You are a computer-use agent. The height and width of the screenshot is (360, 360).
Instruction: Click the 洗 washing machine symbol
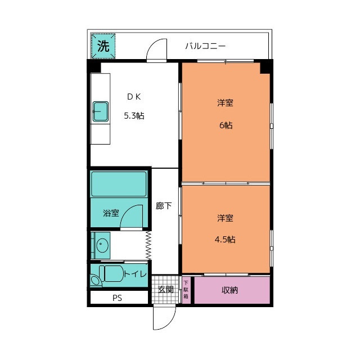(103, 46)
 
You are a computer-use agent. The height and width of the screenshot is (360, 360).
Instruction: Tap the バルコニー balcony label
(205, 46)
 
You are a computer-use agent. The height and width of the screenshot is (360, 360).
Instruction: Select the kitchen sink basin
(101, 111)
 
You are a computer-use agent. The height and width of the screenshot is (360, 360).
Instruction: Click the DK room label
(134, 97)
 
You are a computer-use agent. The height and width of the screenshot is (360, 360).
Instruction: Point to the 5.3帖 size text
(134, 115)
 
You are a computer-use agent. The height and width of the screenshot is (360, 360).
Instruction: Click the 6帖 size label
(226, 125)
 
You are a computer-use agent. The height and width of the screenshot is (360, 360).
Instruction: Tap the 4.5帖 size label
(225, 240)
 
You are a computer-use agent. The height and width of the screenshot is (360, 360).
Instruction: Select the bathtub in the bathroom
(119, 184)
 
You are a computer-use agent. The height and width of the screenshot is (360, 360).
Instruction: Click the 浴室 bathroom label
(111, 213)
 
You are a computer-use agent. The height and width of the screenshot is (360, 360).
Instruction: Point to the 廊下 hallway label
(164, 206)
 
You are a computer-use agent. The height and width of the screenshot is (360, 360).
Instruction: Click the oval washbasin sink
(102, 245)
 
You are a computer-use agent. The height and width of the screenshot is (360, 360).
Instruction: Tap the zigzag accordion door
(148, 245)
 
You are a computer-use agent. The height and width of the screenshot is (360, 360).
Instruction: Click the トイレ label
(135, 274)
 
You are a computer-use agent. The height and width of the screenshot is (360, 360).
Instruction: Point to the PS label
(117, 298)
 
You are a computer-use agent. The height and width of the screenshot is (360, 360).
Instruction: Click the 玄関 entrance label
(166, 290)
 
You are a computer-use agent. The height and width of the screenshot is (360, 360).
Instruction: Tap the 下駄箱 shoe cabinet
(186, 290)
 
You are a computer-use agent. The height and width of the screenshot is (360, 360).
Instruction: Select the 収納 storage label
(229, 290)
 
